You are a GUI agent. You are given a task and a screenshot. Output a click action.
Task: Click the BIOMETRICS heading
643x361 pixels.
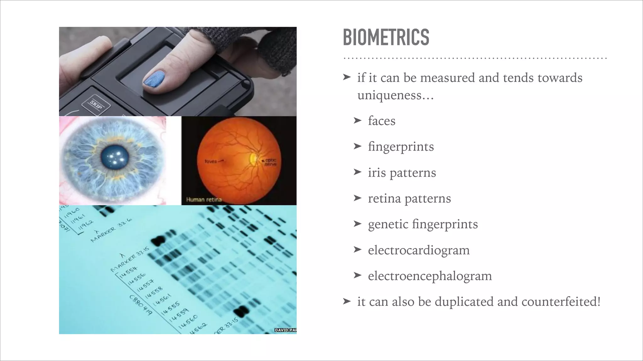[386, 37]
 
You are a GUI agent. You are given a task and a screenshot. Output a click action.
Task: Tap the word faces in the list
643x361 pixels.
[381, 121]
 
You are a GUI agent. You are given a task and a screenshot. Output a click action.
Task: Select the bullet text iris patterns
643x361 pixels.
[402, 173]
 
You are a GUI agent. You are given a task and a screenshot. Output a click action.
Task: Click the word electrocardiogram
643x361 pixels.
[419, 250]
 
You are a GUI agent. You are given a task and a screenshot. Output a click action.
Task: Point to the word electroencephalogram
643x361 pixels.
[430, 276]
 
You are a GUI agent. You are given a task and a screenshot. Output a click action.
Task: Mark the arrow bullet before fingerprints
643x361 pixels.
[358, 146]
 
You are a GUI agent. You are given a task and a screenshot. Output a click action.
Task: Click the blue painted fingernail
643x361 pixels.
[154, 78]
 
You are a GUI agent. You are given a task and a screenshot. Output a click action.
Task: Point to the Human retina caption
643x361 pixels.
[204, 200]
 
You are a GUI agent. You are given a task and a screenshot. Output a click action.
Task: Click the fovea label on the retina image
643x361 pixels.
[211, 161]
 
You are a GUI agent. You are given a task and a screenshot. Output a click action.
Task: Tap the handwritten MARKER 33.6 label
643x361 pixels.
[111, 230]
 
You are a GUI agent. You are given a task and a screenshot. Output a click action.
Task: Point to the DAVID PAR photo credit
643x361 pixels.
[285, 330]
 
